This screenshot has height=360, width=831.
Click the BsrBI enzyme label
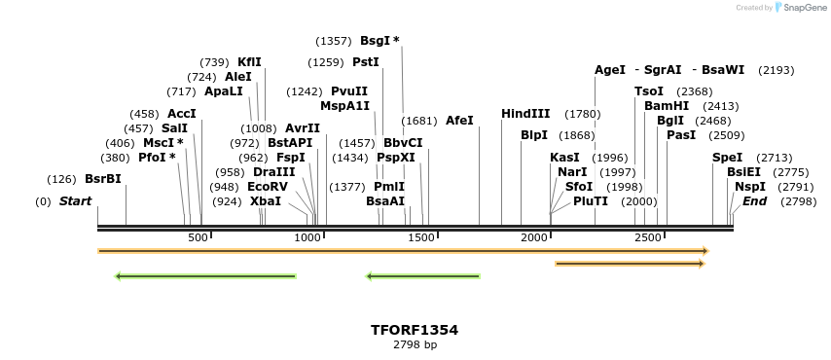103,179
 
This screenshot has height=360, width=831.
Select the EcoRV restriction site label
268,186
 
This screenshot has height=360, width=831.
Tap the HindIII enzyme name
525,114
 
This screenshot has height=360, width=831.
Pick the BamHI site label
667,106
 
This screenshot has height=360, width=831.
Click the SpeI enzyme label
727,158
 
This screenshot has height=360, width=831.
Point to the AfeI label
459,121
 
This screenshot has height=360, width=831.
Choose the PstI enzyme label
366,62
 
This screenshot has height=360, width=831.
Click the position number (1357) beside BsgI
334,41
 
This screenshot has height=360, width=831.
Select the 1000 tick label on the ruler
307,238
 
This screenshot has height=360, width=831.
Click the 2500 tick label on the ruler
648,238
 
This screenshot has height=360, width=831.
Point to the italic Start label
75,201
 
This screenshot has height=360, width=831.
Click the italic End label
754,201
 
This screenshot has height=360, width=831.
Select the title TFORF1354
415,330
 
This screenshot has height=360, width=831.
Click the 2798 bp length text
415,344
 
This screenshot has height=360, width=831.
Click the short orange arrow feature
629,264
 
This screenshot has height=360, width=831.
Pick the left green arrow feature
205,276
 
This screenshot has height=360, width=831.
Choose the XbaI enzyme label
266,201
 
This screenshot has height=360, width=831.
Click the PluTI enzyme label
591,201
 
